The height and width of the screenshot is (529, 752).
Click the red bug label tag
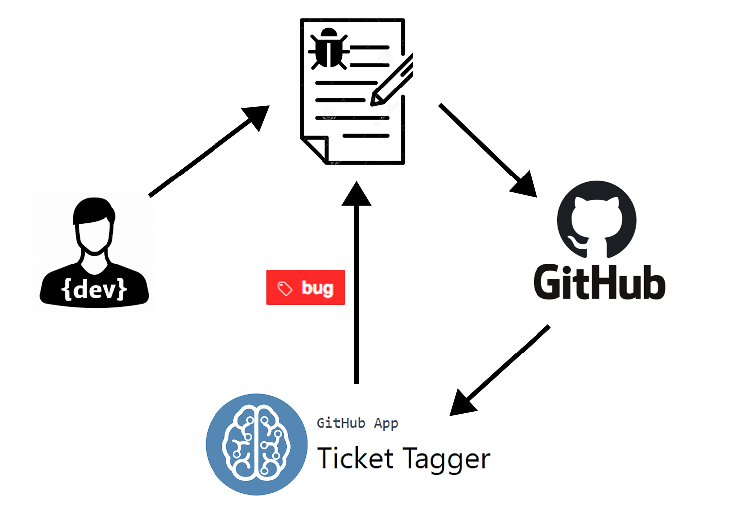(x=306, y=287)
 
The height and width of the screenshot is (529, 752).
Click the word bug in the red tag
(x=318, y=288)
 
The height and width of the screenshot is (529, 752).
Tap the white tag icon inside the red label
(x=284, y=288)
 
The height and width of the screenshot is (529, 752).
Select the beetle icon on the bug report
(x=328, y=48)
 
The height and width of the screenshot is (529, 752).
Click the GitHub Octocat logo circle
(x=596, y=219)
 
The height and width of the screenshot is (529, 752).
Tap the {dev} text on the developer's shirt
(x=95, y=289)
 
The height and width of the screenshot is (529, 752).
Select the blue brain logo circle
(x=256, y=444)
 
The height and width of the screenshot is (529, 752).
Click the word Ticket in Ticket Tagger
(x=355, y=458)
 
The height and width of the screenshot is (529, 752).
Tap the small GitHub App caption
(x=357, y=423)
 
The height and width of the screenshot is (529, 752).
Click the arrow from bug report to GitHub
(x=485, y=149)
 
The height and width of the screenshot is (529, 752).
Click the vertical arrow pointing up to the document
(x=356, y=298)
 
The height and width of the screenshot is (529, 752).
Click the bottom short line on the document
(x=366, y=135)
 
